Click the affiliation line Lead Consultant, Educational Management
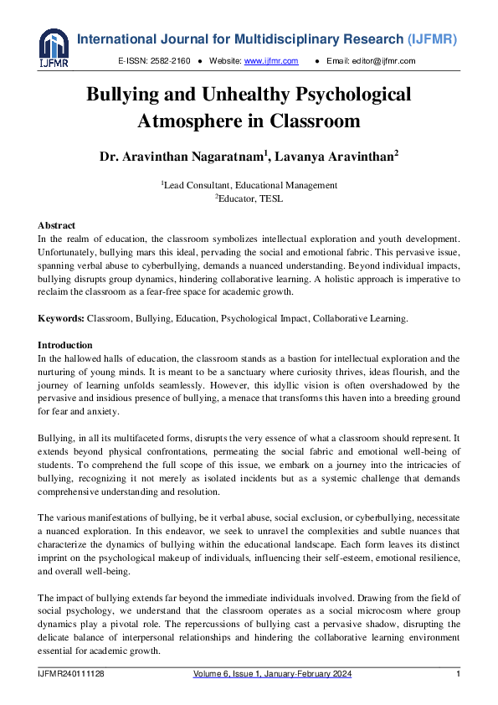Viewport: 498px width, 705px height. point(249,185)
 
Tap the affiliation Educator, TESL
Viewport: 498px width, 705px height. point(249,198)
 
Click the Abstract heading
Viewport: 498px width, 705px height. point(56,225)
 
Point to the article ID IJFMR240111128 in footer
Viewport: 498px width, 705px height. point(71,674)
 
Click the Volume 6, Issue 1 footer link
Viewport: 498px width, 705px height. point(272,674)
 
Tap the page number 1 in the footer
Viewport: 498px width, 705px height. point(458,674)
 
